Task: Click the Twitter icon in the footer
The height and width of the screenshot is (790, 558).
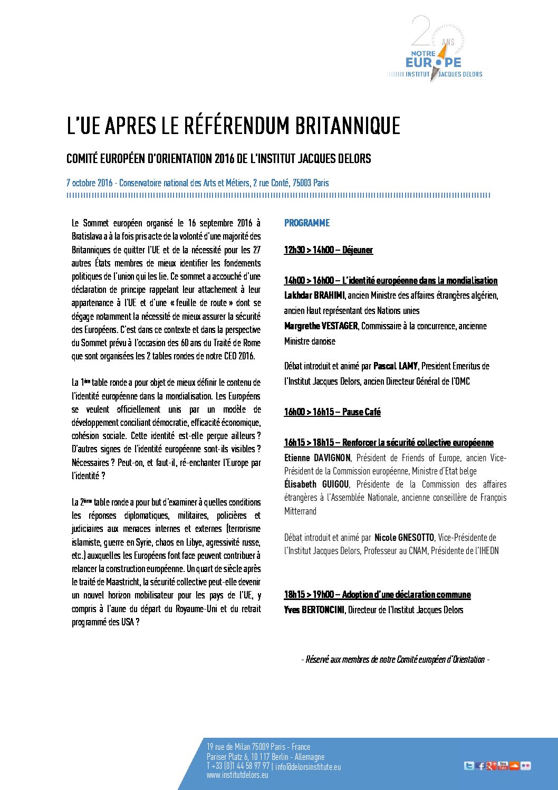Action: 468,766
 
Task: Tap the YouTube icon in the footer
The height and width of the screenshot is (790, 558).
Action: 503,766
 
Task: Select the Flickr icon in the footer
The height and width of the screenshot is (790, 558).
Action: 525,766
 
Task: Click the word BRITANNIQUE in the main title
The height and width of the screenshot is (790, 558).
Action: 347,126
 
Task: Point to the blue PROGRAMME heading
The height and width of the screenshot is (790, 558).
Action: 307,223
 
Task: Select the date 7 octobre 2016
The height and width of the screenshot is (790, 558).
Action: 90,183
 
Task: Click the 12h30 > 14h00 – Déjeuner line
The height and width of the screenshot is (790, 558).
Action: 328,250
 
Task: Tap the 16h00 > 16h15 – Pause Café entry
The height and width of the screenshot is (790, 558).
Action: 332,412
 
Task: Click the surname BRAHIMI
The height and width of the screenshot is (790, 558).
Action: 330,296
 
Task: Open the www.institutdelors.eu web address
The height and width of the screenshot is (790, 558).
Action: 237,775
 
